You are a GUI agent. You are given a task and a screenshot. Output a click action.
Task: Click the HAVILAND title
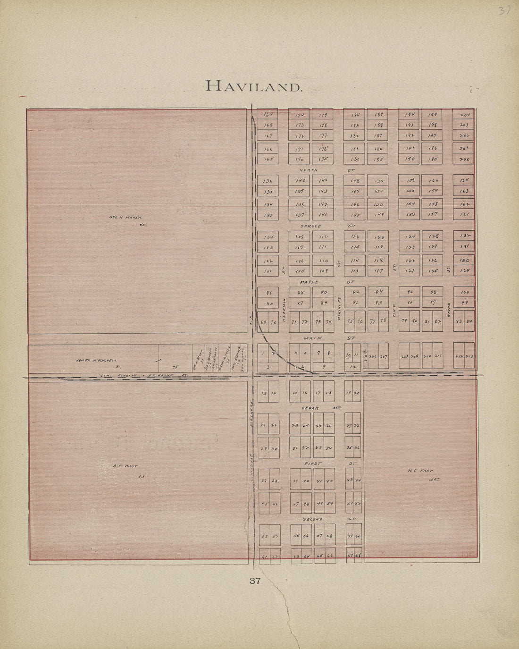coord(253,86)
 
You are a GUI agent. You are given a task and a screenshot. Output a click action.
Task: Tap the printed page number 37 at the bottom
coord(255,581)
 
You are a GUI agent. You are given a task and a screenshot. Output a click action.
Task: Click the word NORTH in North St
coord(309,170)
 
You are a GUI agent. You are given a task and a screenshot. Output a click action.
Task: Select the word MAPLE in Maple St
coord(310,282)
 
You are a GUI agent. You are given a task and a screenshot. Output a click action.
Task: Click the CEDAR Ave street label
coord(310,408)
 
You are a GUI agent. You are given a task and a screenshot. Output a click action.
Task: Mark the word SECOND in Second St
coord(312,519)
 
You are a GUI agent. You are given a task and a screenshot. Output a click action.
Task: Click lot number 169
coord(268,114)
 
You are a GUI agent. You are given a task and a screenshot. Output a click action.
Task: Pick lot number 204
coord(465,115)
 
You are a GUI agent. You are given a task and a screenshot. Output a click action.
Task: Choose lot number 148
coord(355,181)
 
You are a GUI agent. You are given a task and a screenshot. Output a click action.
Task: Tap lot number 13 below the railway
coord(264,393)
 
